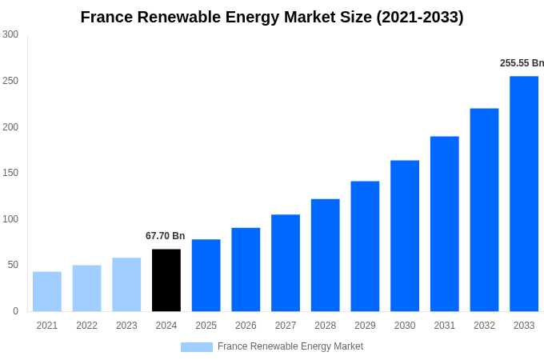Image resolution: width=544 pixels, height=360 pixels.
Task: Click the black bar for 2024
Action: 166,280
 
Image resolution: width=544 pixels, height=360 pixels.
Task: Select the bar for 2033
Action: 524,194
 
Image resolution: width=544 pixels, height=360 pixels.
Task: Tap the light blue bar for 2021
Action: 47,291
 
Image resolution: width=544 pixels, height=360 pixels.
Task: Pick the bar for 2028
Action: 325,255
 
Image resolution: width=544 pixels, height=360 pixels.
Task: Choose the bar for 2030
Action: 405,236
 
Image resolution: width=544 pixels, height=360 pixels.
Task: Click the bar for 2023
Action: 126,284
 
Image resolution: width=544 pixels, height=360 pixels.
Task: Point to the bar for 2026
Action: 246,270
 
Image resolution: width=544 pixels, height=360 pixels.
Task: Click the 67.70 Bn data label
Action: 165,236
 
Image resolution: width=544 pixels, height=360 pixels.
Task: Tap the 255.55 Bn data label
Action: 522,63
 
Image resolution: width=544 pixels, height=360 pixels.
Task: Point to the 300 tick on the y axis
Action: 10,34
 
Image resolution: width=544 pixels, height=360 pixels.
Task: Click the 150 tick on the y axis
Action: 10,173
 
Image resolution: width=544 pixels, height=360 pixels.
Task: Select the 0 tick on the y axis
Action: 15,311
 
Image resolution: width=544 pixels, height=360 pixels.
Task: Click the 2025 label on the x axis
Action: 206,326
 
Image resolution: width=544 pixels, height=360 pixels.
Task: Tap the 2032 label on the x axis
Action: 484,326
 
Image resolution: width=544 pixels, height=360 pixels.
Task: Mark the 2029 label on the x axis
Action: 365,326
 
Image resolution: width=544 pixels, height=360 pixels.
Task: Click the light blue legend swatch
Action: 196,347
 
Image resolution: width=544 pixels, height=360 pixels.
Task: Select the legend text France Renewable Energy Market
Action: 290,346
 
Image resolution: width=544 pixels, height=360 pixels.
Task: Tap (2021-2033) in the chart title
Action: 420,17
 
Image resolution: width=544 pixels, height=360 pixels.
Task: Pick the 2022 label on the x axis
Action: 86,326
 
